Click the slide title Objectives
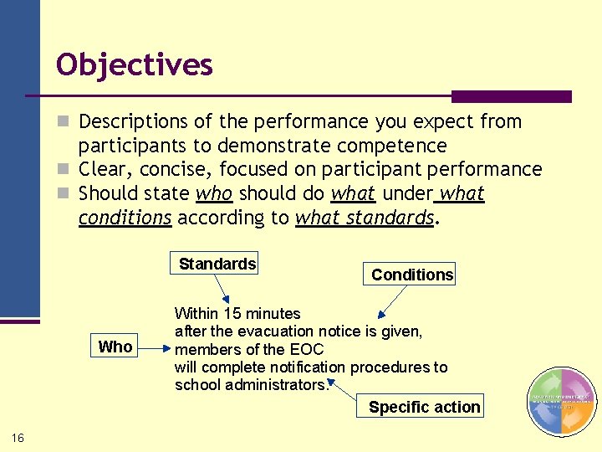pyautogui.click(x=134, y=64)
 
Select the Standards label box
pyautogui.click(x=217, y=264)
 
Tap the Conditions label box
pyautogui.click(x=412, y=275)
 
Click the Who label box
pyautogui.click(x=115, y=347)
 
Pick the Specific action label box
pyautogui.click(x=425, y=408)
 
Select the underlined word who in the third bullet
pyautogui.click(x=214, y=193)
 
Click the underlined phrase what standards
pyautogui.click(x=365, y=218)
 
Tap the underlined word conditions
pyautogui.click(x=125, y=218)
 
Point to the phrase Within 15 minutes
pyautogui.click(x=237, y=314)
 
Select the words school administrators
pyautogui.click(x=252, y=385)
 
